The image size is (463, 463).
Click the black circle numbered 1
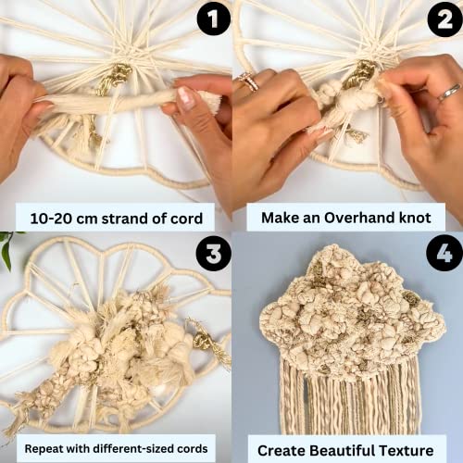(x=212, y=19)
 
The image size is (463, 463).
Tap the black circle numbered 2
(x=442, y=19)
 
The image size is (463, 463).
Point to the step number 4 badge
(x=443, y=253)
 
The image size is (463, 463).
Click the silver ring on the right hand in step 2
(x=446, y=92)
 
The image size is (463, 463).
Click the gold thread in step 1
(x=116, y=79)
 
